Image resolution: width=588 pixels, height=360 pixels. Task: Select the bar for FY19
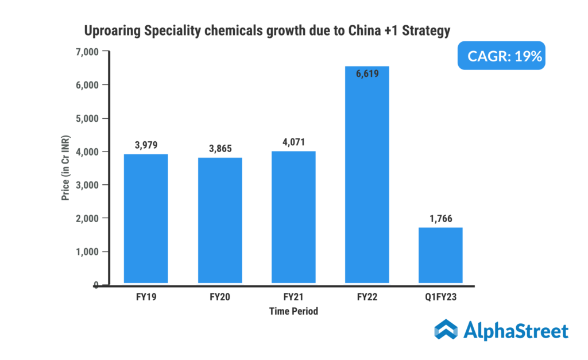[x=146, y=219]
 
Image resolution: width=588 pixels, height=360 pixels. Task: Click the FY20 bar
[x=220, y=220]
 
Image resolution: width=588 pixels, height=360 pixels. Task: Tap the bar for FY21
[x=293, y=218]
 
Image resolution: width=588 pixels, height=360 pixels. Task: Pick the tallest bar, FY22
[x=367, y=175]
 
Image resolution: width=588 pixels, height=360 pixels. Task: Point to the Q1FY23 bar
[x=440, y=256]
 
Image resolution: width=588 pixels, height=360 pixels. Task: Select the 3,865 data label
[x=220, y=148]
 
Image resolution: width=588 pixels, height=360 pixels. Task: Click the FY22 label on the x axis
[x=367, y=298]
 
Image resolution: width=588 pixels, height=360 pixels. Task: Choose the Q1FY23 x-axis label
[x=440, y=298]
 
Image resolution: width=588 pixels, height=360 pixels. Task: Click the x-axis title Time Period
[x=293, y=311]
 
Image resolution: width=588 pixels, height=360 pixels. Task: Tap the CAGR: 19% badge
[x=501, y=57]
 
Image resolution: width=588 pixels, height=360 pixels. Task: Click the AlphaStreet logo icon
[x=446, y=330]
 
